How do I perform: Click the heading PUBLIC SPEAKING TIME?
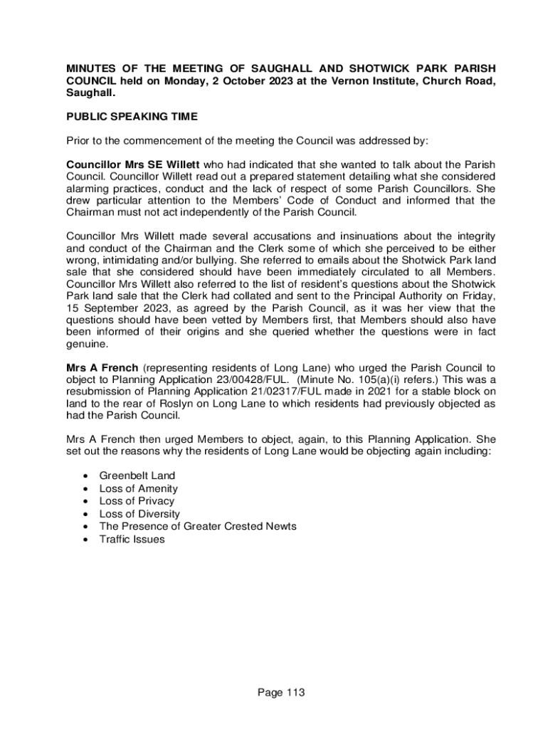[x=132, y=116]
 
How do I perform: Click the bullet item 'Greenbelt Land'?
[x=137, y=476]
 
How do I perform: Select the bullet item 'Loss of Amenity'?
[x=138, y=488]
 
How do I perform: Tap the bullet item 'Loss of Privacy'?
[x=137, y=501]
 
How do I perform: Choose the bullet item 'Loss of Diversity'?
[x=139, y=514]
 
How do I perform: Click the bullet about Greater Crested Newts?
[x=198, y=526]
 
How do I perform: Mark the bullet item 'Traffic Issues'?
[x=132, y=539]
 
